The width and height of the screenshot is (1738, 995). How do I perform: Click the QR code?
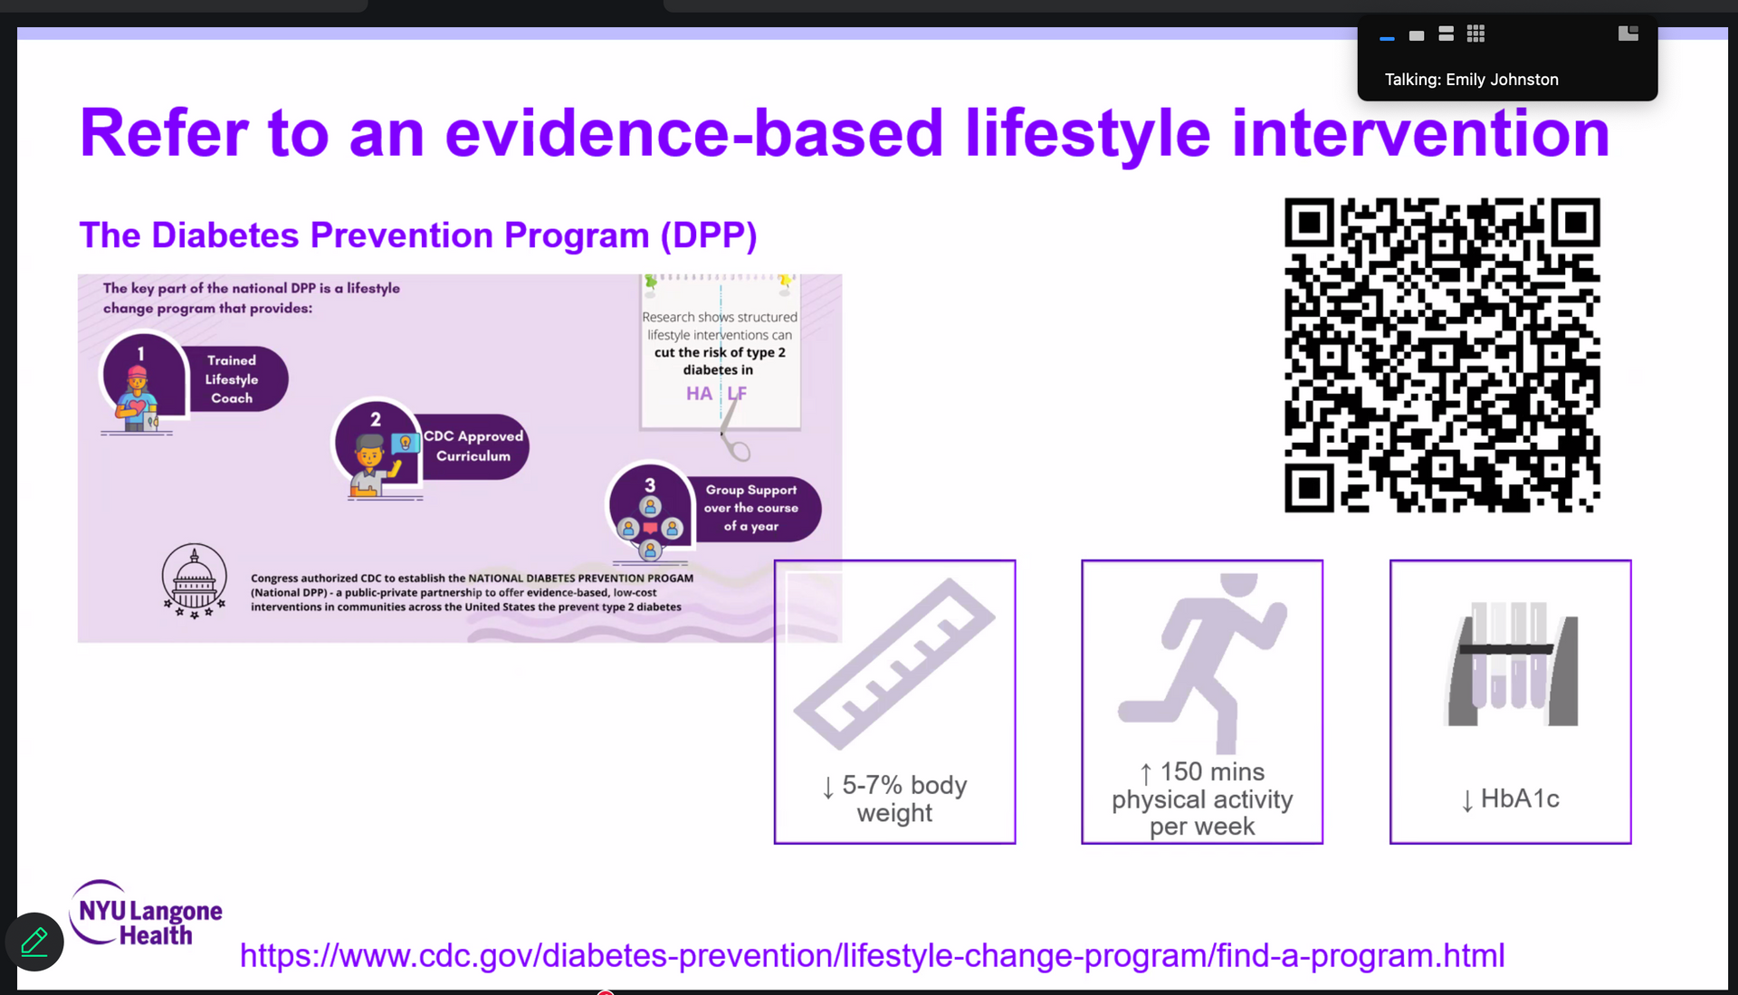tap(1442, 355)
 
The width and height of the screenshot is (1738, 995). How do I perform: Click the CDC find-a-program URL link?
tap(872, 956)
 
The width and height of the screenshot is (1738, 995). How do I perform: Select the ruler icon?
tap(894, 664)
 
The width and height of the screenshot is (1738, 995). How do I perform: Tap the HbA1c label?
tap(1510, 799)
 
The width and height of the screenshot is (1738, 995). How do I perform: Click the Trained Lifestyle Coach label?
tap(232, 379)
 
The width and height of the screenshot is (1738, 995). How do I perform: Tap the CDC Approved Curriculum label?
tap(473, 446)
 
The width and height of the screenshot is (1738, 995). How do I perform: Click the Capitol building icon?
tap(194, 580)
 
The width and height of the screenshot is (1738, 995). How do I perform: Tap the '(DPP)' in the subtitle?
tap(709, 235)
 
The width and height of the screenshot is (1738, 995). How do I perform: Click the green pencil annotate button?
tap(34, 942)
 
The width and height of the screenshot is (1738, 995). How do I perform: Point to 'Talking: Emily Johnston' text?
tap(1472, 80)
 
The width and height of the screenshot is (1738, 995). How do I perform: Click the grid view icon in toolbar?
tap(1475, 34)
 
